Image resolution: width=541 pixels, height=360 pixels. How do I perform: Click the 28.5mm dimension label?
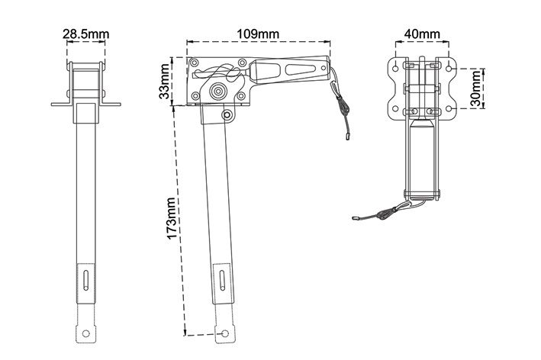tap(86, 34)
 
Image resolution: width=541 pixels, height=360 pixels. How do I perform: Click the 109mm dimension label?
tap(258, 34)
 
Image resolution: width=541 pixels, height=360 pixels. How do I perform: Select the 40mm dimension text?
tap(422, 34)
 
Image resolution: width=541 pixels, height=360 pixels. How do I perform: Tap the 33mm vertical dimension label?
tap(165, 82)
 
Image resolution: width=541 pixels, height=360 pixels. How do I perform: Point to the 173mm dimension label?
tap(172, 218)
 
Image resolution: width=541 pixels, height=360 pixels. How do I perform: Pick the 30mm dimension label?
tap(475, 88)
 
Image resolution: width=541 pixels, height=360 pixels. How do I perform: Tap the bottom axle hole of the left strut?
tap(86, 333)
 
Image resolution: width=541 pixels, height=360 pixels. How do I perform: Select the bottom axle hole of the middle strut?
tap(224, 333)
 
